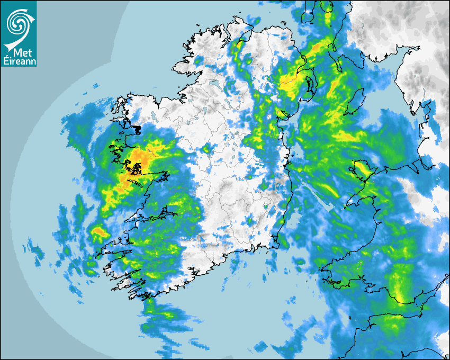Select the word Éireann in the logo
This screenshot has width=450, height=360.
tap(19, 61)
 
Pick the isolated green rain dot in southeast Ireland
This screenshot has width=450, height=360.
tap(265, 206)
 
